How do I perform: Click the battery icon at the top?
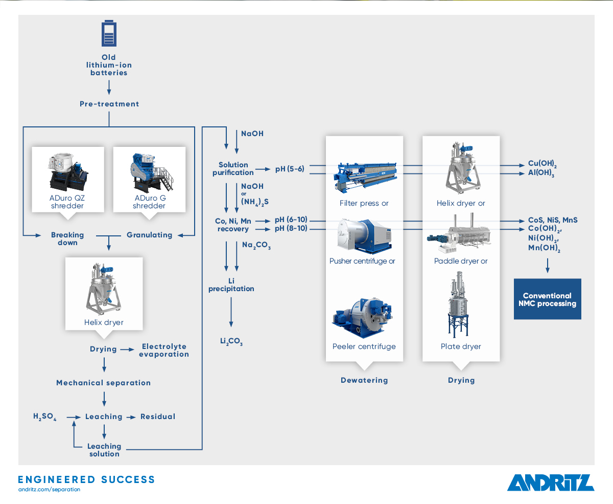(x=109, y=33)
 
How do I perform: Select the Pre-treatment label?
(x=109, y=104)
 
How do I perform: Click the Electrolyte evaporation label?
(x=164, y=350)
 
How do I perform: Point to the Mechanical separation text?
(x=104, y=383)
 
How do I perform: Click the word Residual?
(x=158, y=417)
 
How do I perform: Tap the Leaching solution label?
(x=104, y=450)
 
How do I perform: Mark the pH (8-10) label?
(x=291, y=228)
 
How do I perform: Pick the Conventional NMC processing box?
(x=547, y=299)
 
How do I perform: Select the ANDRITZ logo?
(x=551, y=483)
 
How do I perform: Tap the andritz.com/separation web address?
(x=49, y=490)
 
